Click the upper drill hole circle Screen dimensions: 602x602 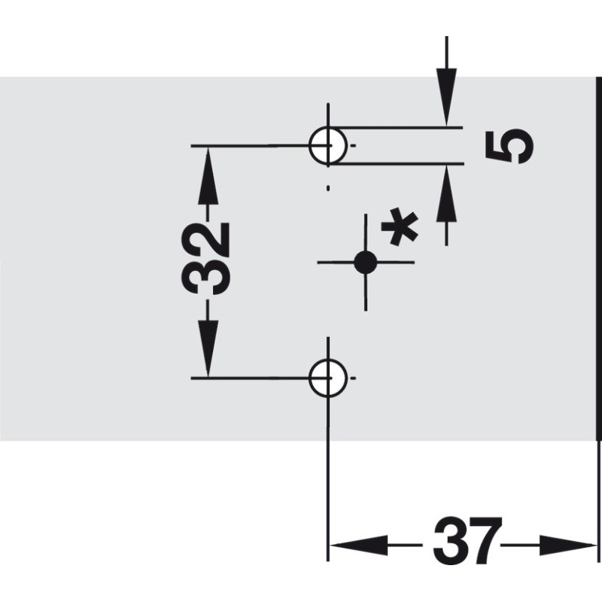(x=309, y=146)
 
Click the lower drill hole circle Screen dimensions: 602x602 (x=309, y=379)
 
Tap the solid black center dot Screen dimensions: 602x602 (x=365, y=263)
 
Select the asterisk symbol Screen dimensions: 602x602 (x=400, y=227)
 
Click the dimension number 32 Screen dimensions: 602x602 (x=205, y=259)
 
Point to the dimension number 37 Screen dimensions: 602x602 (x=467, y=541)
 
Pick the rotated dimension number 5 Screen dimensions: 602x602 (x=509, y=146)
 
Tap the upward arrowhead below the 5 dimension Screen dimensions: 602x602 (x=446, y=193)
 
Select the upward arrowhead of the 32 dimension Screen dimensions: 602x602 (x=208, y=176)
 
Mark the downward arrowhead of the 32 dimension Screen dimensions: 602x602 (x=208, y=348)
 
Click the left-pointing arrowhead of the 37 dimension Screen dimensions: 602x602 (x=359, y=545)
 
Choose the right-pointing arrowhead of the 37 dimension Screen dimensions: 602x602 (x=567, y=545)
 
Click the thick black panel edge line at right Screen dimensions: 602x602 (x=597, y=258)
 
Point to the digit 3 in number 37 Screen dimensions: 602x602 (x=449, y=541)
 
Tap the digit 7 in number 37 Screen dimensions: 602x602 (x=485, y=541)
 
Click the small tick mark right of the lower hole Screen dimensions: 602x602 (x=354, y=379)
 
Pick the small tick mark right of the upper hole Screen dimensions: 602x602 (x=354, y=146)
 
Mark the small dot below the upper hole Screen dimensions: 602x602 (x=328, y=188)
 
